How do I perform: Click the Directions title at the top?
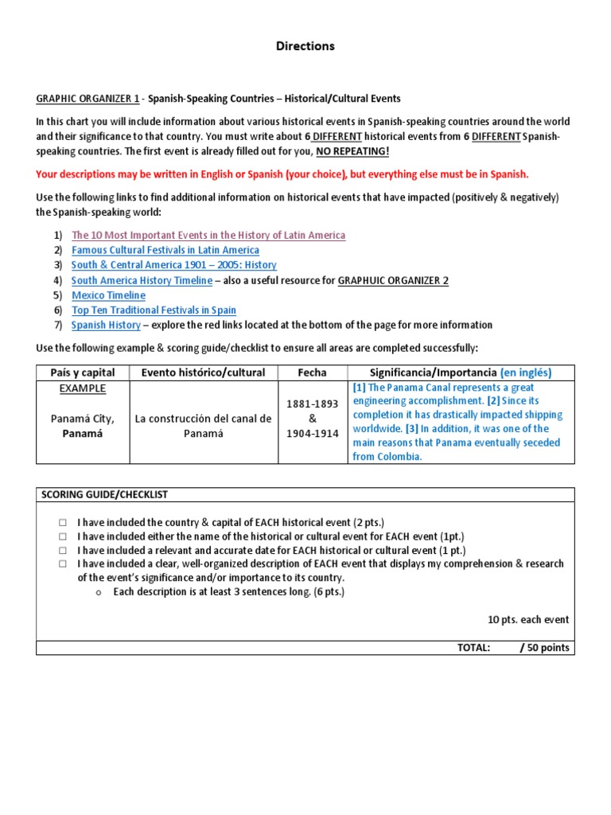pos(305,46)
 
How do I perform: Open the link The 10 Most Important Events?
pos(208,235)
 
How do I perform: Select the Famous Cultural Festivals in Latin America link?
pos(165,250)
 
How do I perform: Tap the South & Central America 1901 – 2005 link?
pos(173,265)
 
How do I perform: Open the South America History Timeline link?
pos(142,280)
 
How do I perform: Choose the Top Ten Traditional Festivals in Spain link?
pos(154,310)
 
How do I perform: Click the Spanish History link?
pos(106,325)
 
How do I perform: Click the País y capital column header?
pos(82,372)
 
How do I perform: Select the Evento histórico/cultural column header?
pos(203,372)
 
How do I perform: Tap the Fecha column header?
pos(312,372)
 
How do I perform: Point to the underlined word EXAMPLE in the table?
pos(83,388)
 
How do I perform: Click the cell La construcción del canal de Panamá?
pos(203,426)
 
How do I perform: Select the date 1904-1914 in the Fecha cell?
pos(312,434)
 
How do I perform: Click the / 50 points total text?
pos(544,647)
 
